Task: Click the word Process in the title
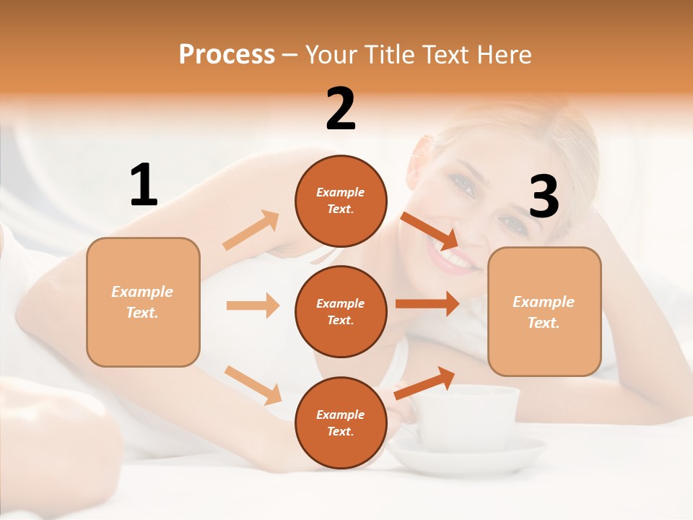[227, 54]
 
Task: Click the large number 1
[144, 186]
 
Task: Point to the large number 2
[341, 109]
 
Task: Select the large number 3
[544, 197]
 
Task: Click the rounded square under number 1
[143, 302]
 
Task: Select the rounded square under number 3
[544, 312]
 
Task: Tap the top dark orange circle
[341, 201]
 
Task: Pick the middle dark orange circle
[341, 311]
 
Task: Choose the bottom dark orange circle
[341, 422]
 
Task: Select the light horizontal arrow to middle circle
[253, 305]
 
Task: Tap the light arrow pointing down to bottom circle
[253, 385]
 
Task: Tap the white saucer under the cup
[469, 459]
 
